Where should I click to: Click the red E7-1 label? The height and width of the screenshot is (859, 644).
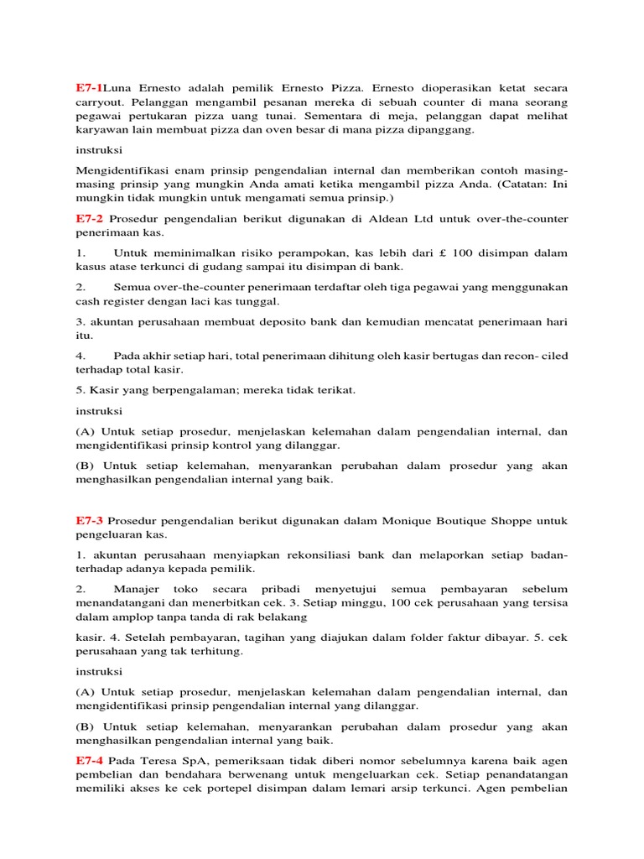(89, 87)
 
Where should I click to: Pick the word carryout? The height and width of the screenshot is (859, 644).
(100, 102)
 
